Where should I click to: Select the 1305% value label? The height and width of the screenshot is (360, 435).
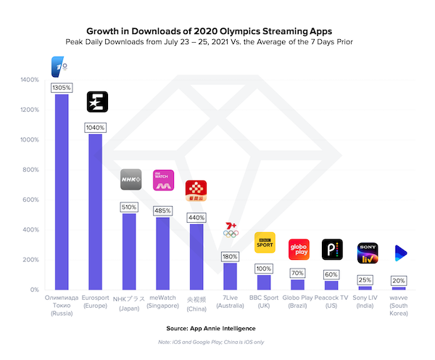pyautogui.click(x=62, y=88)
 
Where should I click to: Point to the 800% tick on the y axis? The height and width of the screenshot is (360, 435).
pyautogui.click(x=30, y=170)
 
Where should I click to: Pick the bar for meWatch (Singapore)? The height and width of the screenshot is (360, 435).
pyautogui.click(x=163, y=253)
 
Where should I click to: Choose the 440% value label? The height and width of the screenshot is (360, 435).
pyautogui.click(x=196, y=217)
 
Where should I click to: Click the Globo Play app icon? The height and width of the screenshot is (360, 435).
pyautogui.click(x=299, y=249)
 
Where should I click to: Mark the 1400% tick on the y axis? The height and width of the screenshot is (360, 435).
pyautogui.click(x=28, y=79)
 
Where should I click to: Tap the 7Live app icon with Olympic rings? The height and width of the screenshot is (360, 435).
pyautogui.click(x=230, y=229)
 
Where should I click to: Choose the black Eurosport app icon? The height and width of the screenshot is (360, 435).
pyautogui.click(x=97, y=102)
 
